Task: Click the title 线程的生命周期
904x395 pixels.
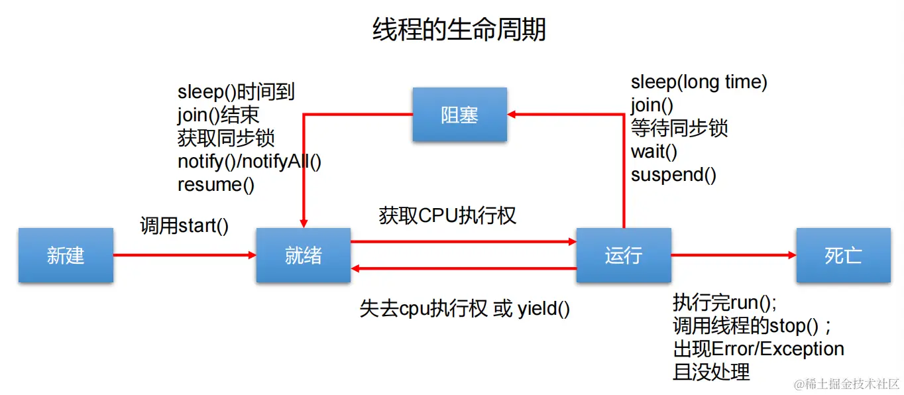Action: click(x=459, y=30)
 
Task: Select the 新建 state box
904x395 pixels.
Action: click(x=66, y=255)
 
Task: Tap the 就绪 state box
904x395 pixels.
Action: click(x=304, y=255)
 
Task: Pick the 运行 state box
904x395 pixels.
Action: click(x=624, y=255)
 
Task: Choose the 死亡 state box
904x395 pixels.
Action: click(x=843, y=255)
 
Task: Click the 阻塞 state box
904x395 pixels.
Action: click(x=459, y=115)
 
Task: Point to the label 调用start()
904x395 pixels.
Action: click(x=184, y=225)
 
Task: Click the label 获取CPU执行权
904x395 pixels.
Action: click(x=447, y=215)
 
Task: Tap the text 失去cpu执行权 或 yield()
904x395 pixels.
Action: click(x=465, y=309)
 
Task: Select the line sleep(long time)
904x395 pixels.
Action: click(x=699, y=82)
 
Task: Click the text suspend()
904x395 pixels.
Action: click(x=673, y=175)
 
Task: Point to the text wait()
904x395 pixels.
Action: click(x=653, y=152)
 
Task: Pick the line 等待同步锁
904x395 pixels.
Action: click(x=679, y=128)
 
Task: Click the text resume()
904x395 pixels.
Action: click(x=216, y=184)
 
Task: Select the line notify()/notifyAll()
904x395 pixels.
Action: click(x=249, y=161)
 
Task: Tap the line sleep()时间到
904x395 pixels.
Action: click(x=236, y=92)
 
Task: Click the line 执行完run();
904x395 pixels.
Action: click(x=724, y=303)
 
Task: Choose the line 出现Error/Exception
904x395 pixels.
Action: click(x=758, y=349)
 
